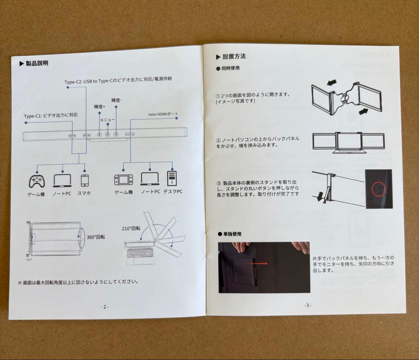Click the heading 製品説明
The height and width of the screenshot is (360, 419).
coord(37,63)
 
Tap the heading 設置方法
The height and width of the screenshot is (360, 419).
coord(234,56)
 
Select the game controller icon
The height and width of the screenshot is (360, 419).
coord(36,182)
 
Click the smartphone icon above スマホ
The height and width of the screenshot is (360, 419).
coord(85,180)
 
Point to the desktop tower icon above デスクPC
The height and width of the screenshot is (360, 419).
coord(172,178)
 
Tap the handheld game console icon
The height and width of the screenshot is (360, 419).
coord(123,180)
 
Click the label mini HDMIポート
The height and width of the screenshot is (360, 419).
coord(163,114)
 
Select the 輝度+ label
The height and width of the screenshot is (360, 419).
coord(99,107)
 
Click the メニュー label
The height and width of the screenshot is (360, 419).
coord(107,120)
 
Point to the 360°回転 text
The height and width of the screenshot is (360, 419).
coord(96,237)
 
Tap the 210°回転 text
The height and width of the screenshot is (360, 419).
coord(131,228)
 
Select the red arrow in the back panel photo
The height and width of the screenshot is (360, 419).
coord(255,263)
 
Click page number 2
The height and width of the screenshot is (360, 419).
coord(105,307)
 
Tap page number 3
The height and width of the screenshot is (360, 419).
coord(307,305)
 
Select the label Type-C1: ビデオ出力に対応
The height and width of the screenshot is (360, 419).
coord(51,116)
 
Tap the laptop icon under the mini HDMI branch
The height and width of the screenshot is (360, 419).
coord(150,179)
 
